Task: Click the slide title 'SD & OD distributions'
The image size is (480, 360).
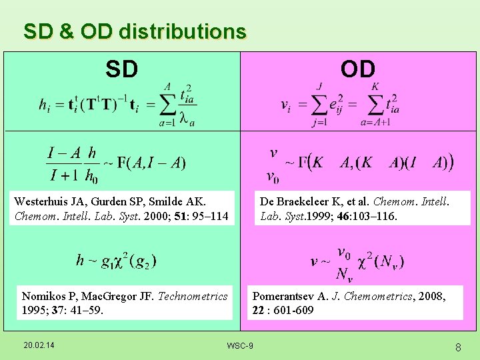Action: (x=135, y=31)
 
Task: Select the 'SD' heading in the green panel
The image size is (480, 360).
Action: (x=121, y=68)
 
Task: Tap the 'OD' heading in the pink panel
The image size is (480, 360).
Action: (x=358, y=68)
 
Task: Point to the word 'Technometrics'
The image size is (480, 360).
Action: (x=193, y=296)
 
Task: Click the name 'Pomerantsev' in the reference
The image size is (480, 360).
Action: (x=283, y=296)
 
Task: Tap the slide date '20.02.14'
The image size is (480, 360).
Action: (x=39, y=344)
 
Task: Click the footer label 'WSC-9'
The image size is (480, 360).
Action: (x=240, y=345)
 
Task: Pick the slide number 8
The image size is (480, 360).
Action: (x=458, y=347)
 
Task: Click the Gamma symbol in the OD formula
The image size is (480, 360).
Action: (x=301, y=162)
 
